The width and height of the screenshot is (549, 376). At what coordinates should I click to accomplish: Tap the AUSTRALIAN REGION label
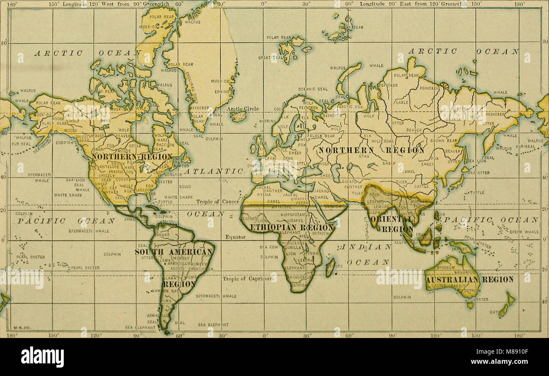pos(469,279)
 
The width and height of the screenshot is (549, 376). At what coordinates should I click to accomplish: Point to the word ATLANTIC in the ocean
pos(213,171)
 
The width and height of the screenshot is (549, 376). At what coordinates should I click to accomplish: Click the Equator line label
pos(235,237)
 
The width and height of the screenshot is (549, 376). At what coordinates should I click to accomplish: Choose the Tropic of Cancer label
pos(217,202)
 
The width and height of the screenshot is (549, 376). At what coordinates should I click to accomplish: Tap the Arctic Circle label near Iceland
pos(242,109)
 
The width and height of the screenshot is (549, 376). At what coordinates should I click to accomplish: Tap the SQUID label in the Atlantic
pos(185,186)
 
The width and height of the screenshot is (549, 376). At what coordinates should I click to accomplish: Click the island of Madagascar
pos(329,267)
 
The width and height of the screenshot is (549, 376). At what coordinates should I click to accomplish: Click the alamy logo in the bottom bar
pos(42,357)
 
